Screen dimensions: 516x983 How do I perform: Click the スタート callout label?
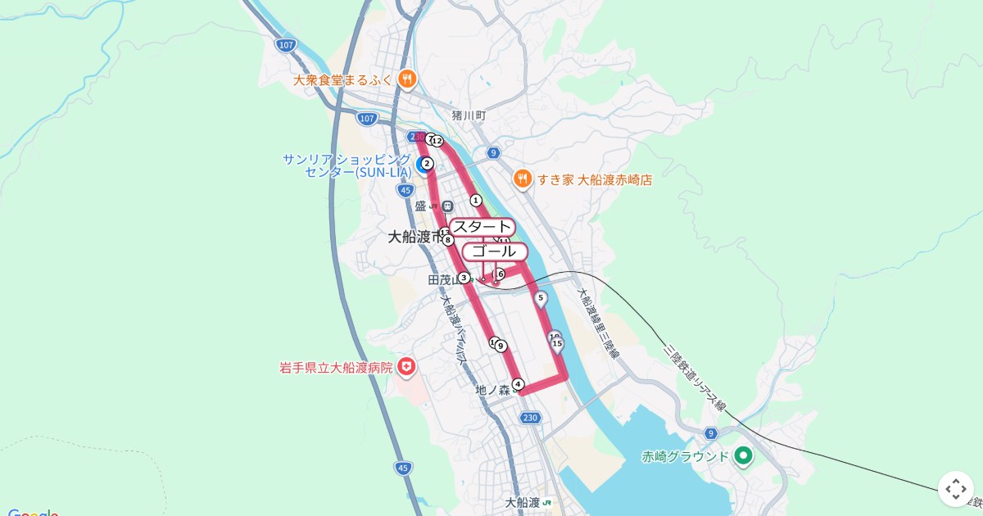482,227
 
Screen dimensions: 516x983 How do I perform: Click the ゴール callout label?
495,251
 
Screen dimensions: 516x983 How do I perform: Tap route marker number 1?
476,200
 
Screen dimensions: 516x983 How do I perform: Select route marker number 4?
518,384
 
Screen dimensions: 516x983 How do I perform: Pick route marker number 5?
541,298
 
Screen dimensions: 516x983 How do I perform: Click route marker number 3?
464,278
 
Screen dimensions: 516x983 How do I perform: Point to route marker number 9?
501,346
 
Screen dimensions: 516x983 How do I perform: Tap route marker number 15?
557,344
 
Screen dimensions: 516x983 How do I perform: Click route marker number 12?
437,142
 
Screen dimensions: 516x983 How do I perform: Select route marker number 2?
427,163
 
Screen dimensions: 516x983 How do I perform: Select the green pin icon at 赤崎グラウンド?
743,455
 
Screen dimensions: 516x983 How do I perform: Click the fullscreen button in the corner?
956,489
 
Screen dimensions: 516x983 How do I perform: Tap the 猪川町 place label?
469,116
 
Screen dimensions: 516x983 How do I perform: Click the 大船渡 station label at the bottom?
522,502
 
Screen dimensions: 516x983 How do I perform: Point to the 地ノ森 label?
492,391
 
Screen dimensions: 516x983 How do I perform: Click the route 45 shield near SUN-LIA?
405,190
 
